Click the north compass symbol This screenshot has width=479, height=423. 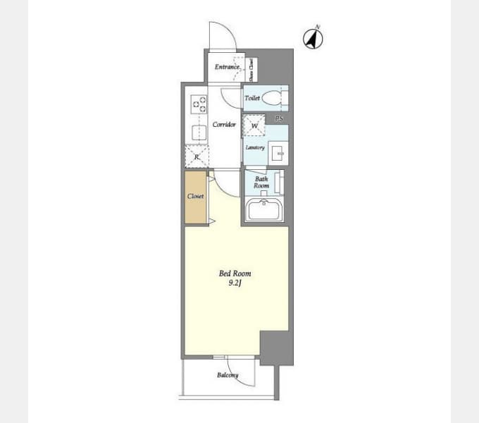(313, 38)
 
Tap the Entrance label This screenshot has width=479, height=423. (228, 67)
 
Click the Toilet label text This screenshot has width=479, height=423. (252, 99)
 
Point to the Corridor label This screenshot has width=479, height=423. (224, 125)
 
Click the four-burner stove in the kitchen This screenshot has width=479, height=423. (199, 104)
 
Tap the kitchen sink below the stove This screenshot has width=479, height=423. (197, 130)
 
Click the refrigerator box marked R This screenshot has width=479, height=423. (197, 156)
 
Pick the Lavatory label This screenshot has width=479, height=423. (254, 147)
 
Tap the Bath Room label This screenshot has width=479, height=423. (261, 183)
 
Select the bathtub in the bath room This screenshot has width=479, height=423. (264, 210)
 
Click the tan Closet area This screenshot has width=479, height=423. (196, 197)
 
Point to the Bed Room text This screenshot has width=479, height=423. (235, 274)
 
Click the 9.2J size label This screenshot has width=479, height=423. (235, 283)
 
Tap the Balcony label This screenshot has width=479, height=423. (227, 375)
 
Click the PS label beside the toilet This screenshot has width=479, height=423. (279, 118)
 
